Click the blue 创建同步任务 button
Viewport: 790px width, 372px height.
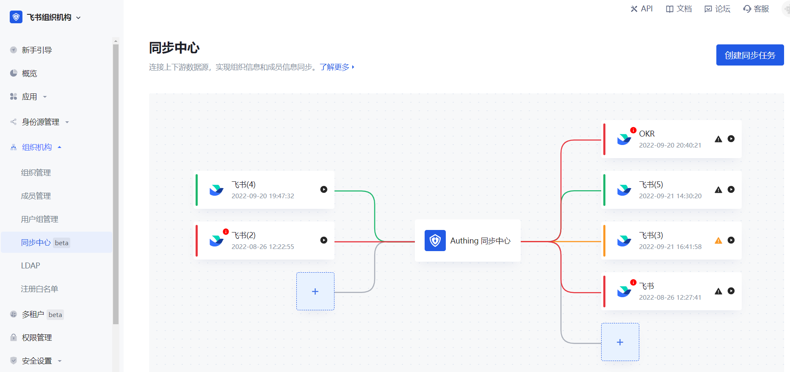[x=750, y=55]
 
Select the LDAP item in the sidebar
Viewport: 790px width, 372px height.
[x=30, y=266]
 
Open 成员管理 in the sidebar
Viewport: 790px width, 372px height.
[x=36, y=196]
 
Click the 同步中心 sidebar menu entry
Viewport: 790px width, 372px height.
[x=36, y=243]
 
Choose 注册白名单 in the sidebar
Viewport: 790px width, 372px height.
[x=39, y=289]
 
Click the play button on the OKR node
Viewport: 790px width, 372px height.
[x=731, y=139]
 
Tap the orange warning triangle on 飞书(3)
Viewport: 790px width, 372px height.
[x=718, y=241]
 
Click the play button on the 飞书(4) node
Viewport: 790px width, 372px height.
[x=324, y=189]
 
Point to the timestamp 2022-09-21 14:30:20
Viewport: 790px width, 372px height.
[x=670, y=196]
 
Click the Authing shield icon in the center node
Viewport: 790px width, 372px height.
[x=435, y=241]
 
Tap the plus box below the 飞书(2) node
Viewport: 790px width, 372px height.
[x=315, y=291]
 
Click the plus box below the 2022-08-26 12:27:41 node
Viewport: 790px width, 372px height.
[x=620, y=342]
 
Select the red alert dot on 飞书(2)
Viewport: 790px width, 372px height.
[x=226, y=232]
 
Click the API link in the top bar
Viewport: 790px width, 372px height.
[x=642, y=9]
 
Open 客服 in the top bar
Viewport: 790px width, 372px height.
[x=756, y=9]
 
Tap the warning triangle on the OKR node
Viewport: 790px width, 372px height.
[x=718, y=139]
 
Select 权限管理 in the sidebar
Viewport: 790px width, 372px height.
[x=37, y=338]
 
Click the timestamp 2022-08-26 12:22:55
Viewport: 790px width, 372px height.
[x=262, y=247]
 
